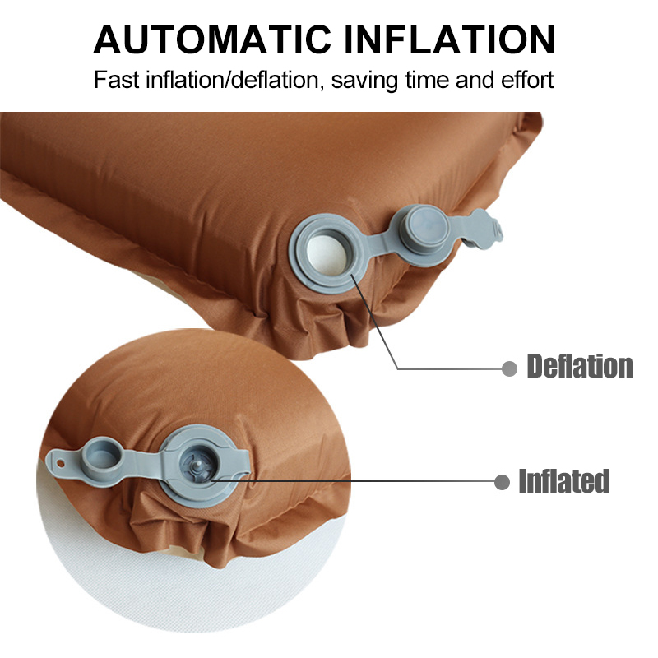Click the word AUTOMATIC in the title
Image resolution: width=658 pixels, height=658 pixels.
point(212,40)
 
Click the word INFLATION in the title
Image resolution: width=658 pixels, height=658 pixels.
point(449,40)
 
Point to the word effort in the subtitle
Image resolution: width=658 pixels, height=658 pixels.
point(528,80)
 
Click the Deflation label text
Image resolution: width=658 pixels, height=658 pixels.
point(580,366)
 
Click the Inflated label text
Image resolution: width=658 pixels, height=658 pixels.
point(564,481)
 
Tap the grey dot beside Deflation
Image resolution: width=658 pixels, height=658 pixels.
point(509,368)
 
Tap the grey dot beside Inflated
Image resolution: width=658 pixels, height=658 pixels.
point(502,482)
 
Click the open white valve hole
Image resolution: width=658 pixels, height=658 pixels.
point(328,254)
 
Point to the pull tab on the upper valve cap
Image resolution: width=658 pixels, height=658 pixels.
point(484,229)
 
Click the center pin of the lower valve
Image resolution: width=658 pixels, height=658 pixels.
point(198,466)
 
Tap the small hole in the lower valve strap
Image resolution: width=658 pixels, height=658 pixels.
point(61,464)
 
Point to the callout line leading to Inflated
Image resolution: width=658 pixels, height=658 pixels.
point(352,482)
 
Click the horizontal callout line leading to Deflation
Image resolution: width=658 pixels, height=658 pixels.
point(449,368)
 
